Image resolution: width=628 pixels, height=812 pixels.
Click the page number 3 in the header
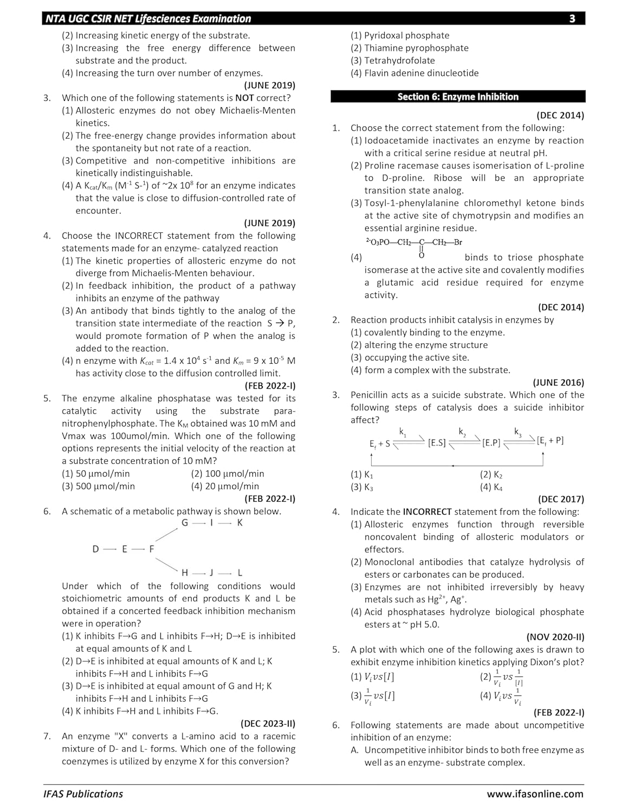[572, 19]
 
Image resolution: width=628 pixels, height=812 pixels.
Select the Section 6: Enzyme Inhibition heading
[458, 97]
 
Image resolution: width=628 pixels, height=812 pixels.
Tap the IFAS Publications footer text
[83, 794]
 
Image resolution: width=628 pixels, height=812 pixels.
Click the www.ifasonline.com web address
[535, 794]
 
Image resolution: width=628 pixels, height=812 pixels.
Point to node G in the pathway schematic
[185, 523]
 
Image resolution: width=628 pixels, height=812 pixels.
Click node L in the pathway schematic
[240, 573]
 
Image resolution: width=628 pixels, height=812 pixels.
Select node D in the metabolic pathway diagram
[96, 549]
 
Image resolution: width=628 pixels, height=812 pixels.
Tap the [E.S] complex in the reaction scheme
[437, 443]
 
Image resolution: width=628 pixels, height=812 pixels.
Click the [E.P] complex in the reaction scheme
[491, 443]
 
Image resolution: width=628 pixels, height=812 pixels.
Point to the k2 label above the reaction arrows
[462, 432]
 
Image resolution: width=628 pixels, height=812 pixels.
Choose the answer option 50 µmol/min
[96, 474]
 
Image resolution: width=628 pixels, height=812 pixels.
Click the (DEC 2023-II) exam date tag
[268, 724]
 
